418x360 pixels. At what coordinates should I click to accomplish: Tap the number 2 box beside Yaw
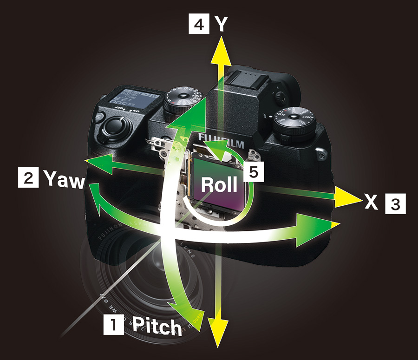(x=26, y=178)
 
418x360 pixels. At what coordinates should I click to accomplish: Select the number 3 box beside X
(x=395, y=203)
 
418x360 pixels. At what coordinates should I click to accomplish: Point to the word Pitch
(x=157, y=327)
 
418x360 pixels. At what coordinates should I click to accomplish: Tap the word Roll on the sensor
(x=219, y=184)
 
